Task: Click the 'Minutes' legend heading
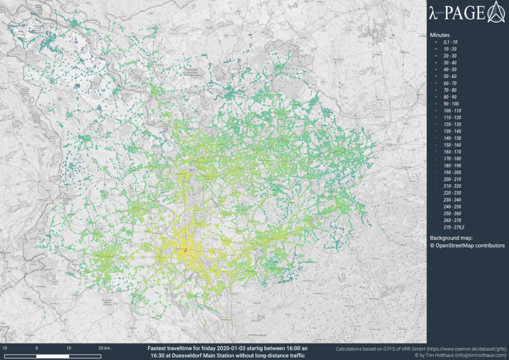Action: pyautogui.click(x=440, y=35)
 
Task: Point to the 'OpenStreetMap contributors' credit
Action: pyautogui.click(x=470, y=246)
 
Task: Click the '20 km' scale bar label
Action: pyautogui.click(x=104, y=348)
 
